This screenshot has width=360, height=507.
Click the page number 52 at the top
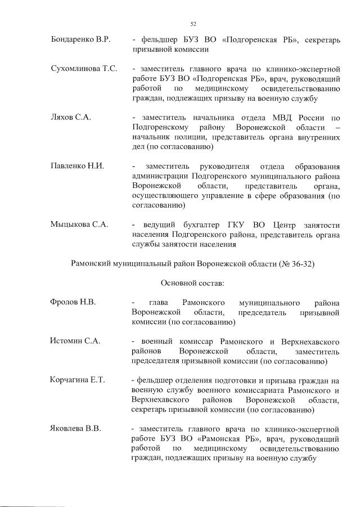point(193,24)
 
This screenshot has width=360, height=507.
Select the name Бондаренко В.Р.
point(80,40)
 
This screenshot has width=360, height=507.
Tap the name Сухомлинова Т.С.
point(84,69)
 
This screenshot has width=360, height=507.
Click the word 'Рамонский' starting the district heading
point(90,263)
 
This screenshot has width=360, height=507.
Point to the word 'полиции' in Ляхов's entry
point(192,137)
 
